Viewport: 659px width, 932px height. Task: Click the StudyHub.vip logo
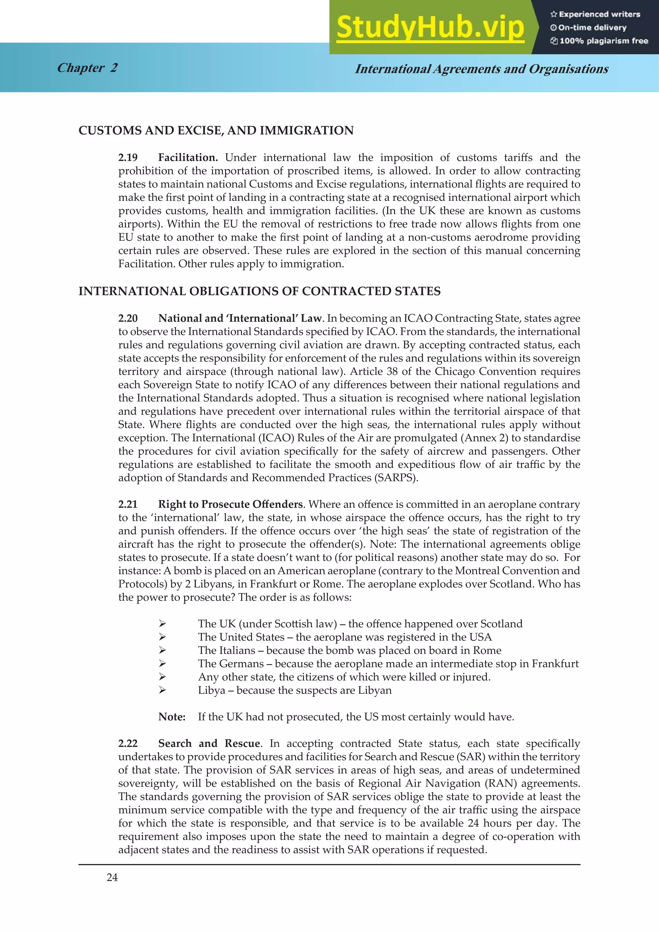click(430, 28)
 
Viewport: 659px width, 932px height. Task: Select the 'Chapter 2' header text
click(87, 68)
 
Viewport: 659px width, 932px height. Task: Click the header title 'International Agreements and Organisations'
click(482, 69)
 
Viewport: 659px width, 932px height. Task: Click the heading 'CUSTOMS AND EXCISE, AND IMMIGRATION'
click(216, 130)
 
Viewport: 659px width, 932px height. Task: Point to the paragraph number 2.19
click(128, 157)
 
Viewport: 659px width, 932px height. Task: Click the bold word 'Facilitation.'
click(188, 157)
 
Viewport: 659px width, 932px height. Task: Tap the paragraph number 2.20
click(128, 318)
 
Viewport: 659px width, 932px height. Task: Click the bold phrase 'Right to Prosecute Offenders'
click(230, 504)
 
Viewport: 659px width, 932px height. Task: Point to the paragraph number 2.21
click(128, 504)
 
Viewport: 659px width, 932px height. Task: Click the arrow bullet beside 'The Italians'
click(162, 650)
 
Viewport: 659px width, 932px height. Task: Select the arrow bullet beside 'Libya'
click(162, 690)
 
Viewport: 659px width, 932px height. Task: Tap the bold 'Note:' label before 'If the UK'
click(172, 717)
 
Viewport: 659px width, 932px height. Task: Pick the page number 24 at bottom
click(112, 878)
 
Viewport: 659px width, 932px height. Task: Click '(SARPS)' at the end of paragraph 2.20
click(396, 478)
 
